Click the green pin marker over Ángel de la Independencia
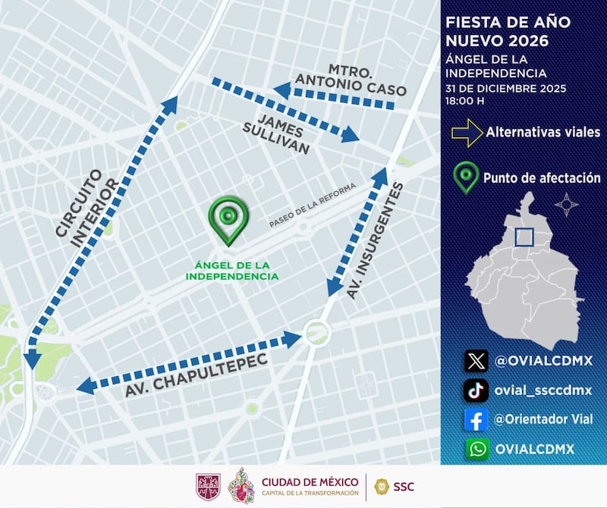(228, 219)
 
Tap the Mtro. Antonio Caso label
(350, 78)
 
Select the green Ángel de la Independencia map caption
(232, 270)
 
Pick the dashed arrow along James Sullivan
(285, 110)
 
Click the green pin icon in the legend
(465, 177)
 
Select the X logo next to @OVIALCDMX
(476, 360)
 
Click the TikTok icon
(476, 390)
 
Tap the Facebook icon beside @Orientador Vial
(476, 419)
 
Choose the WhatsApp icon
(476, 448)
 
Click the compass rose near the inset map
(566, 205)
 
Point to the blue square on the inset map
(524, 237)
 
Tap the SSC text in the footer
(405, 486)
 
